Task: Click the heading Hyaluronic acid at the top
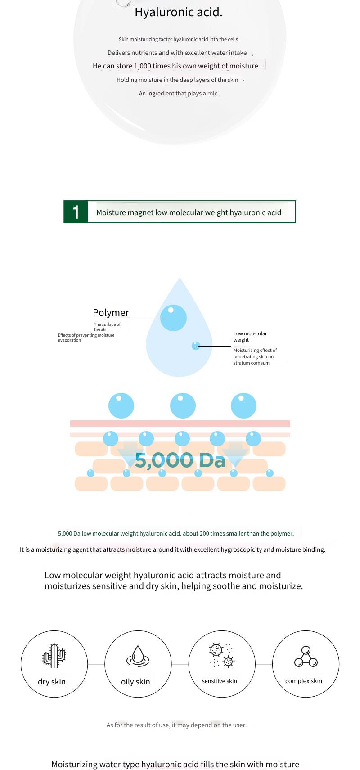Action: pyautogui.click(x=179, y=12)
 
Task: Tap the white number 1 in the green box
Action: pyautogui.click(x=76, y=212)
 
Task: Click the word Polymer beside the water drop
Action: pyautogui.click(x=111, y=312)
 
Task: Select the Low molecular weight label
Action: pyautogui.click(x=250, y=337)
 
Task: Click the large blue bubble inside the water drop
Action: pyautogui.click(x=173, y=318)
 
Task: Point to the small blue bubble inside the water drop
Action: pyautogui.click(x=196, y=346)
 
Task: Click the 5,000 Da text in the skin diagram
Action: pyautogui.click(x=180, y=460)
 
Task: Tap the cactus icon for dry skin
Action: pyautogui.click(x=54, y=656)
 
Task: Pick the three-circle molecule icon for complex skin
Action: pyautogui.click(x=306, y=656)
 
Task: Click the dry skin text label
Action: pyautogui.click(x=52, y=682)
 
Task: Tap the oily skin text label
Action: pyautogui.click(x=135, y=682)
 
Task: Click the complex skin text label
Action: pyautogui.click(x=304, y=681)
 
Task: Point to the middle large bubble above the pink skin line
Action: pyautogui.click(x=183, y=405)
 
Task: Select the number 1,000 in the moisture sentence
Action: pyautogui.click(x=142, y=66)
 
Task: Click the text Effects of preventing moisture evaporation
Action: pyautogui.click(x=86, y=338)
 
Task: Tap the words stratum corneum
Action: pyautogui.click(x=252, y=363)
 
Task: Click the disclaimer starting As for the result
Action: pyautogui.click(x=176, y=725)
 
